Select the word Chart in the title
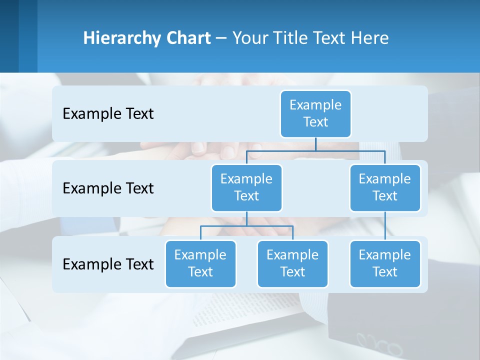coord(190,38)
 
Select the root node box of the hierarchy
coord(315,113)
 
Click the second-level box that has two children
coord(246,187)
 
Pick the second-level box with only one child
coord(385,187)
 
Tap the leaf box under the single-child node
coord(385,263)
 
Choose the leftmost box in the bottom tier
coord(200,263)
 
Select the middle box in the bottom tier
coord(292,263)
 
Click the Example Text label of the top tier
coord(108,114)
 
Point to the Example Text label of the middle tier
coord(108,188)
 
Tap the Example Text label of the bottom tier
coord(108,264)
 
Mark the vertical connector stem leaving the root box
coord(315,144)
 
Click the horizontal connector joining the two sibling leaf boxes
coord(246,226)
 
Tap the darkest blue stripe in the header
coord(9,36)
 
